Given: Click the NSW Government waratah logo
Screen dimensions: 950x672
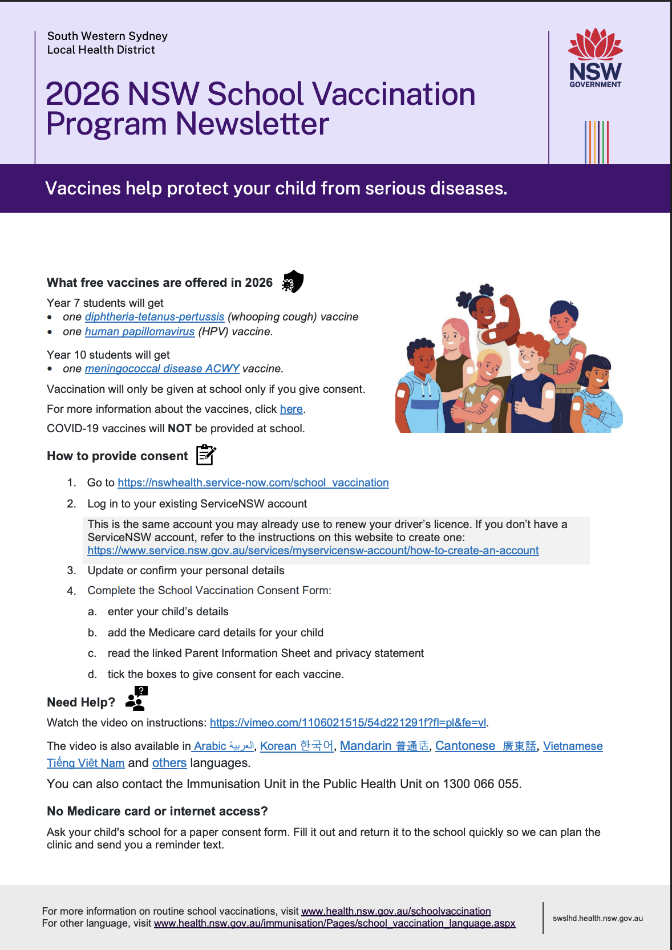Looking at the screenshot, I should pos(595,58).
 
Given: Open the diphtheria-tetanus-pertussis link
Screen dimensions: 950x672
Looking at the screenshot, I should pos(155,316).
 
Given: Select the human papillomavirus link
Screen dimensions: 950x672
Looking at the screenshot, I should pos(140,331).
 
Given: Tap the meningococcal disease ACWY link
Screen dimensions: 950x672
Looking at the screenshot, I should pos(162,368).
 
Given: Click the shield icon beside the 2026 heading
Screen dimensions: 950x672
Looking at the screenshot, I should pos(293,281).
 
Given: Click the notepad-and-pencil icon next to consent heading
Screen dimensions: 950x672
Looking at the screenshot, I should pos(206,455).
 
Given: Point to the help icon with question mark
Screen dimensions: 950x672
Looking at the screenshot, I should pos(137,699).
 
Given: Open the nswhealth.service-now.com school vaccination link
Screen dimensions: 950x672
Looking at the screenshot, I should pos(253,482).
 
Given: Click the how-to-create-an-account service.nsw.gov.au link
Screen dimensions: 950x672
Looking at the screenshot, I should pos(313,550).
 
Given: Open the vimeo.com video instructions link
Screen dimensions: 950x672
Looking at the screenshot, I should pos(348,722).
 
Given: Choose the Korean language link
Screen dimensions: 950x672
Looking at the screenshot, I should pos(297,746).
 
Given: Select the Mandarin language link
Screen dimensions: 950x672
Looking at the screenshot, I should pos(384,746).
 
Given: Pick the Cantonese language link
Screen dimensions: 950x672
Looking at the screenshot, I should pos(485,746).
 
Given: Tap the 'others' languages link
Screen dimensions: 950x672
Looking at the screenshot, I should pos(169,763).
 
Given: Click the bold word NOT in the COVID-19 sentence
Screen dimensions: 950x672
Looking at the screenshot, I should pos(179,428).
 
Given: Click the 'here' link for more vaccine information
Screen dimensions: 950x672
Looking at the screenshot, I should pos(291,409).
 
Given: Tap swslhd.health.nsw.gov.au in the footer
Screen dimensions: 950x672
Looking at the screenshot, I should pos(597,918).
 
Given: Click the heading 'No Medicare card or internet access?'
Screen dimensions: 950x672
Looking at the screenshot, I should pos(157,811).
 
